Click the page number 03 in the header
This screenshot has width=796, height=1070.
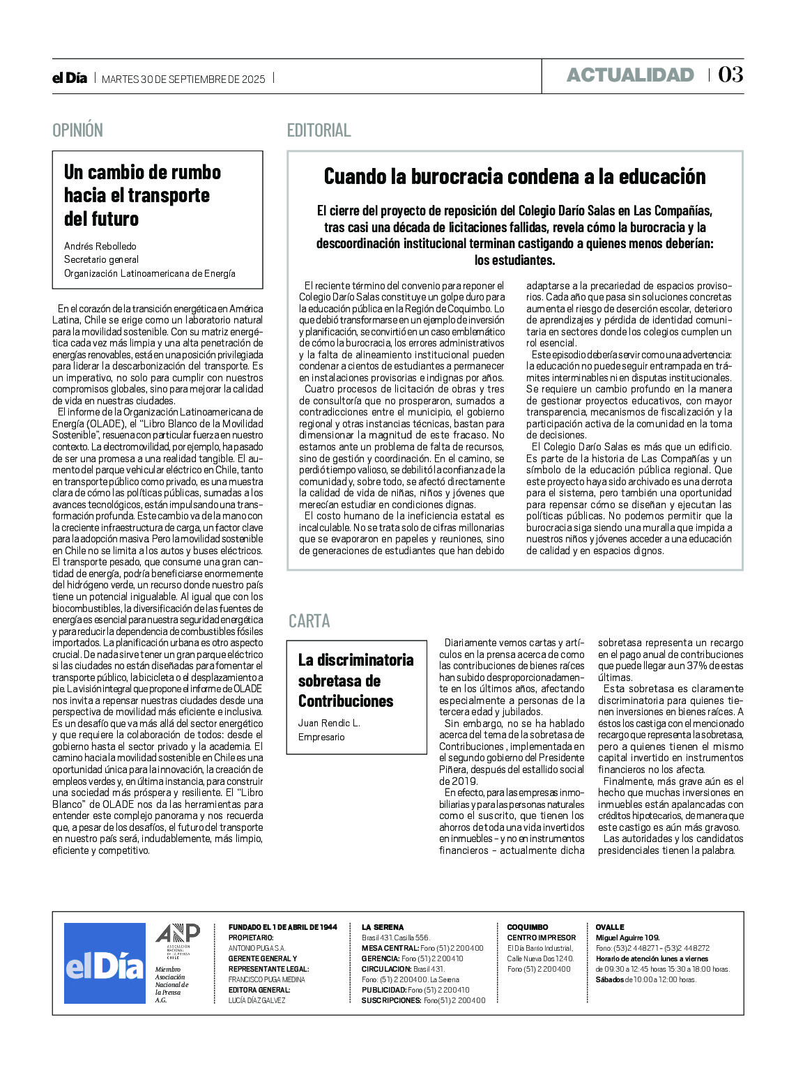pos(730,75)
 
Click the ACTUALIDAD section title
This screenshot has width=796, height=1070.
pos(630,75)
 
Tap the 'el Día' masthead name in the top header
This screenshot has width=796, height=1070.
pos(70,78)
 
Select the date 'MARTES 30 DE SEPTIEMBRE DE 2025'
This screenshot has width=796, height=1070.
pos(183,79)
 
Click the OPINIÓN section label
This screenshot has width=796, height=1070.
pos(77,130)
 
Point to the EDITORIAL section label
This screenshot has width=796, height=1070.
pos(319,130)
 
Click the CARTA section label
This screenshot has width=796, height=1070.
pos(309,620)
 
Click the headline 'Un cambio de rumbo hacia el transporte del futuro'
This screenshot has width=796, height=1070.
pos(142,195)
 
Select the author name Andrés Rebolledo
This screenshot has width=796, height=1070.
pos(100,246)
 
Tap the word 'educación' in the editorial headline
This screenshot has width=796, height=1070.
pos(658,176)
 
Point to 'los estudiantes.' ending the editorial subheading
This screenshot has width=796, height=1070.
pos(514,261)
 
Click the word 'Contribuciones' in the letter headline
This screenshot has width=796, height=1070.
pos(346,701)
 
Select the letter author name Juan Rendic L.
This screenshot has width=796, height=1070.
pos(329,723)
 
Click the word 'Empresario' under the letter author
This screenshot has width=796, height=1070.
pos(321,737)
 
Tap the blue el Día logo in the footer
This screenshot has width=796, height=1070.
pos(105,963)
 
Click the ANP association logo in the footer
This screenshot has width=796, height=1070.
pos(177,938)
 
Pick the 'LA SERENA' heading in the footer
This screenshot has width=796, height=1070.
pos(382,927)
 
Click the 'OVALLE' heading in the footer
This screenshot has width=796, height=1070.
pos(610,927)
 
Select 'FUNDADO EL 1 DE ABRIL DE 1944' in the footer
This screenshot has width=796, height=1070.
pos(282,927)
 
